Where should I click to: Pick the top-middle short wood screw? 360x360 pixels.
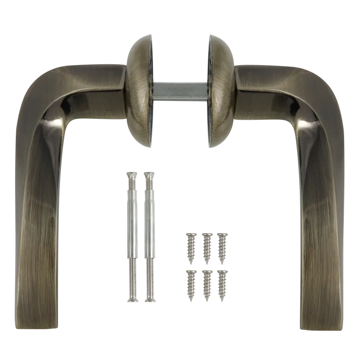tap(207, 247)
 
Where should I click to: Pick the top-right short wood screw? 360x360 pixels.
tap(222, 247)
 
